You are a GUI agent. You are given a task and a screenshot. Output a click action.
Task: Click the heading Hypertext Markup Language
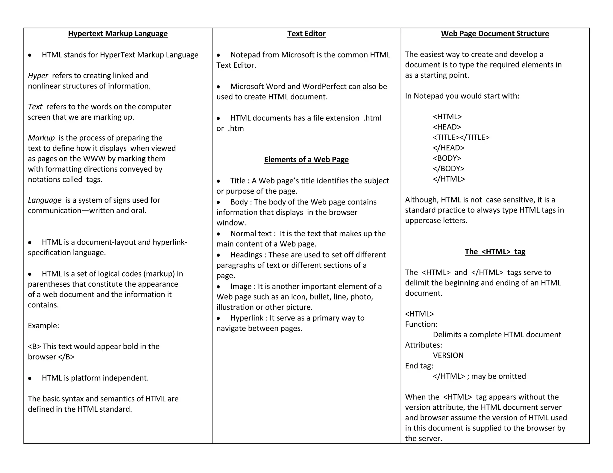point(118,33)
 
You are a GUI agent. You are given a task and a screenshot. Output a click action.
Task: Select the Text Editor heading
point(306,33)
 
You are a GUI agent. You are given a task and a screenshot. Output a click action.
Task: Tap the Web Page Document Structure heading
point(495,33)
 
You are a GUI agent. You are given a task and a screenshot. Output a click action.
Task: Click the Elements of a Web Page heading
point(306,159)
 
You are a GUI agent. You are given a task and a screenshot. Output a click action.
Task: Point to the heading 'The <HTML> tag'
point(495,251)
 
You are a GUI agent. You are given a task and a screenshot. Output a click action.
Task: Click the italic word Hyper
point(38,76)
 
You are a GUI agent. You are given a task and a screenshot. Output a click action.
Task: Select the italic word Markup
point(41,138)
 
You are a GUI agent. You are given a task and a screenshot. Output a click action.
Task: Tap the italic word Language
point(45,200)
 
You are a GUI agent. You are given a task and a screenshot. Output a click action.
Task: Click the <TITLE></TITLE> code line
point(461,137)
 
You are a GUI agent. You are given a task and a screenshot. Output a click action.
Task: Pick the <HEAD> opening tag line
point(447,127)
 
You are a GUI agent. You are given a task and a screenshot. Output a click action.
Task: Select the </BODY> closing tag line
point(448,168)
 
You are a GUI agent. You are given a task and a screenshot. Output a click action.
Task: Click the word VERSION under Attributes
point(448,355)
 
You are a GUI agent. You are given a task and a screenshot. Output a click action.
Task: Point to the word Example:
point(43,326)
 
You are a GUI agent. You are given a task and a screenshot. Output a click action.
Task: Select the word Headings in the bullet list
point(246,255)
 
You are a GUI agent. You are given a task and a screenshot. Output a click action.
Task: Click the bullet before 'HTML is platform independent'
point(30,378)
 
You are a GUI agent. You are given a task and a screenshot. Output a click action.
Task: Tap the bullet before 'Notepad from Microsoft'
point(219,55)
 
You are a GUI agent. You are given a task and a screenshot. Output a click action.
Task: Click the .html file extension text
point(372,118)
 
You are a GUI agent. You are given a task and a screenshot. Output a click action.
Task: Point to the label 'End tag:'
point(419,366)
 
